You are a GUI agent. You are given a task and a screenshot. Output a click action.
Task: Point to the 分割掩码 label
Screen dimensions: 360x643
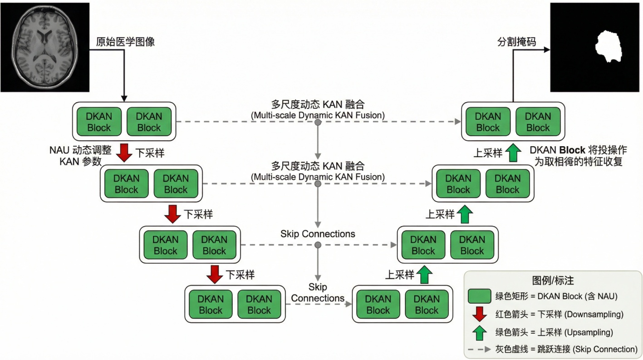click(x=517, y=42)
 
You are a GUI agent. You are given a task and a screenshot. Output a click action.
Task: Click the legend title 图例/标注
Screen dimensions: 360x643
click(x=553, y=281)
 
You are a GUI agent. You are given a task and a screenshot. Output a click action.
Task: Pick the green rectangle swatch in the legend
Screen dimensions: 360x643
click(x=479, y=296)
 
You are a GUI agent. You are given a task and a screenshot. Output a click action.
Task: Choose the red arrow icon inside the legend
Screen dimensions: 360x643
click(x=479, y=314)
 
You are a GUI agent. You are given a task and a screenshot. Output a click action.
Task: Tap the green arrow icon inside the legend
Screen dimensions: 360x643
click(x=479, y=332)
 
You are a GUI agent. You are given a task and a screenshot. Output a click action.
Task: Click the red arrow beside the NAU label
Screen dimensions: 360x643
click(x=123, y=153)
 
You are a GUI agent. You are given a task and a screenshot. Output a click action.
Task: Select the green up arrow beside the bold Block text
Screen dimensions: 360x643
click(x=512, y=153)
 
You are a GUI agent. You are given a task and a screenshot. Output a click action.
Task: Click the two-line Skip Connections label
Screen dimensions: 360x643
click(x=318, y=293)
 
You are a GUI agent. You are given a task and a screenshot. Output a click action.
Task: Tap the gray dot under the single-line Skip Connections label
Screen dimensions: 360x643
click(x=318, y=245)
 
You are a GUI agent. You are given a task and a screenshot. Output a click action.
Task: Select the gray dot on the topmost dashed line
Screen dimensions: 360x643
click(x=318, y=122)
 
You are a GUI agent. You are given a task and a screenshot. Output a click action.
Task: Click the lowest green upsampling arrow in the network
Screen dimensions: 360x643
click(x=424, y=275)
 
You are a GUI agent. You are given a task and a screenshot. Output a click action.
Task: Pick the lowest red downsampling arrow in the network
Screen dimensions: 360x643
click(x=214, y=275)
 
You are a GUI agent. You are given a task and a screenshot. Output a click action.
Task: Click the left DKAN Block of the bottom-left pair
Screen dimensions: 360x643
click(x=211, y=305)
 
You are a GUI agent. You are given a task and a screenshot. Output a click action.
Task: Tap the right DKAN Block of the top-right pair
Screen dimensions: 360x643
click(x=538, y=122)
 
